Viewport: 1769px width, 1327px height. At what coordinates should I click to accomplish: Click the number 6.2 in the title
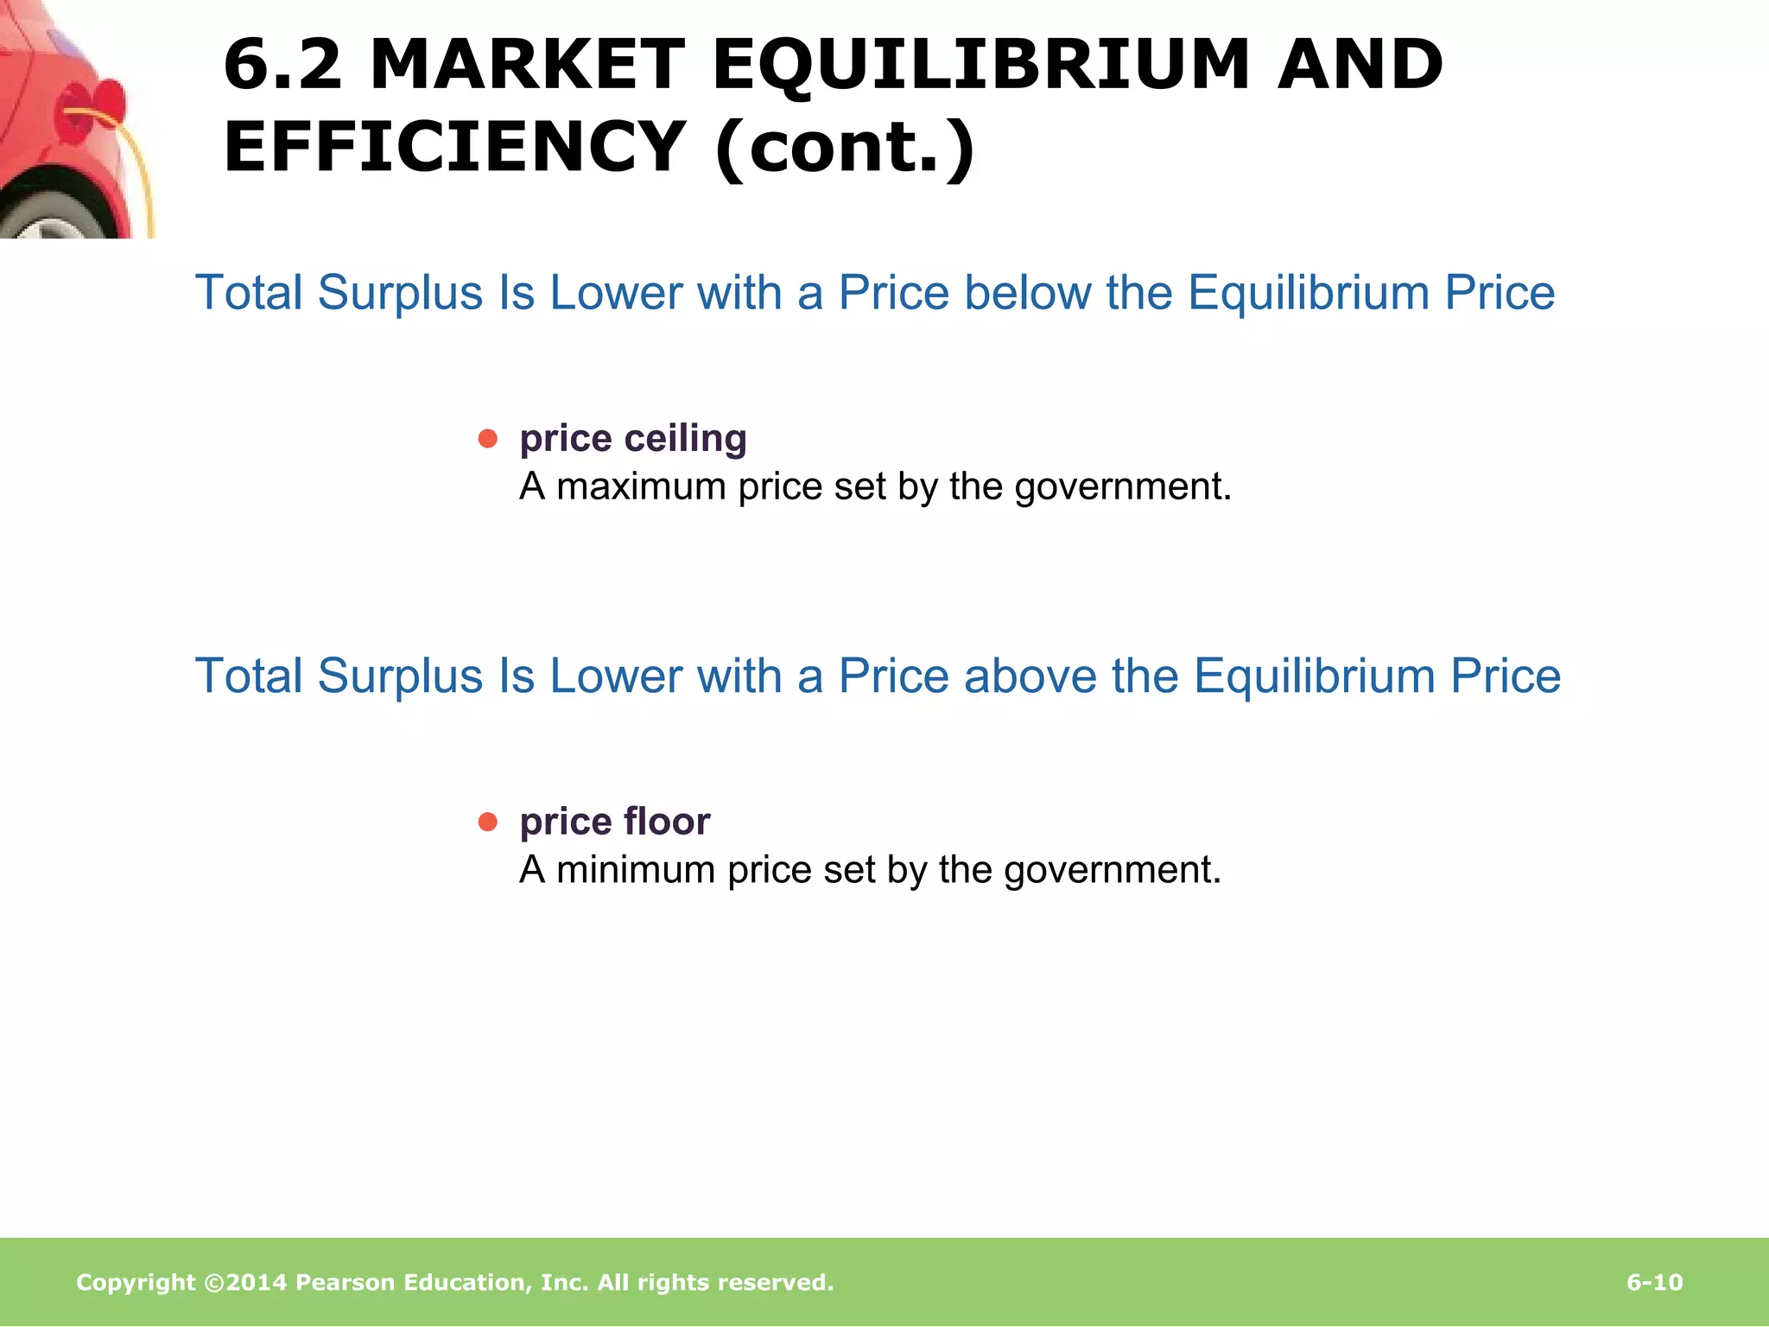(x=282, y=65)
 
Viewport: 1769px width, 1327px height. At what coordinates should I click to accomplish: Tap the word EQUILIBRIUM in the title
(x=980, y=65)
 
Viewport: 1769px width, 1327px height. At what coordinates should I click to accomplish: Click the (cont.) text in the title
(x=846, y=147)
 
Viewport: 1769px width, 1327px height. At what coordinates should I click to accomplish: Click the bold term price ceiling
(x=633, y=438)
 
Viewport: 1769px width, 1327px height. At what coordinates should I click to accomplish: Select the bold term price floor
(x=614, y=821)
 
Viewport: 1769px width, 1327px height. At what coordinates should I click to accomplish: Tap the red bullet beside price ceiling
(x=488, y=439)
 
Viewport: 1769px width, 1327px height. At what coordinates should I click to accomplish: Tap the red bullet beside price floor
(x=488, y=822)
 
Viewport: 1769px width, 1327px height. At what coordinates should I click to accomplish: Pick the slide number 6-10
(x=1654, y=1282)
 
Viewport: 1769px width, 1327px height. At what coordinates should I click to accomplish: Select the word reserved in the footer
(x=778, y=1282)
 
